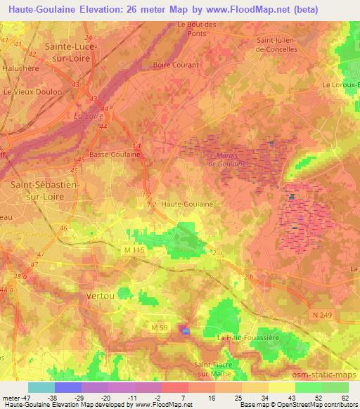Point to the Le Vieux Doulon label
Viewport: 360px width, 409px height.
tap(29, 91)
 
